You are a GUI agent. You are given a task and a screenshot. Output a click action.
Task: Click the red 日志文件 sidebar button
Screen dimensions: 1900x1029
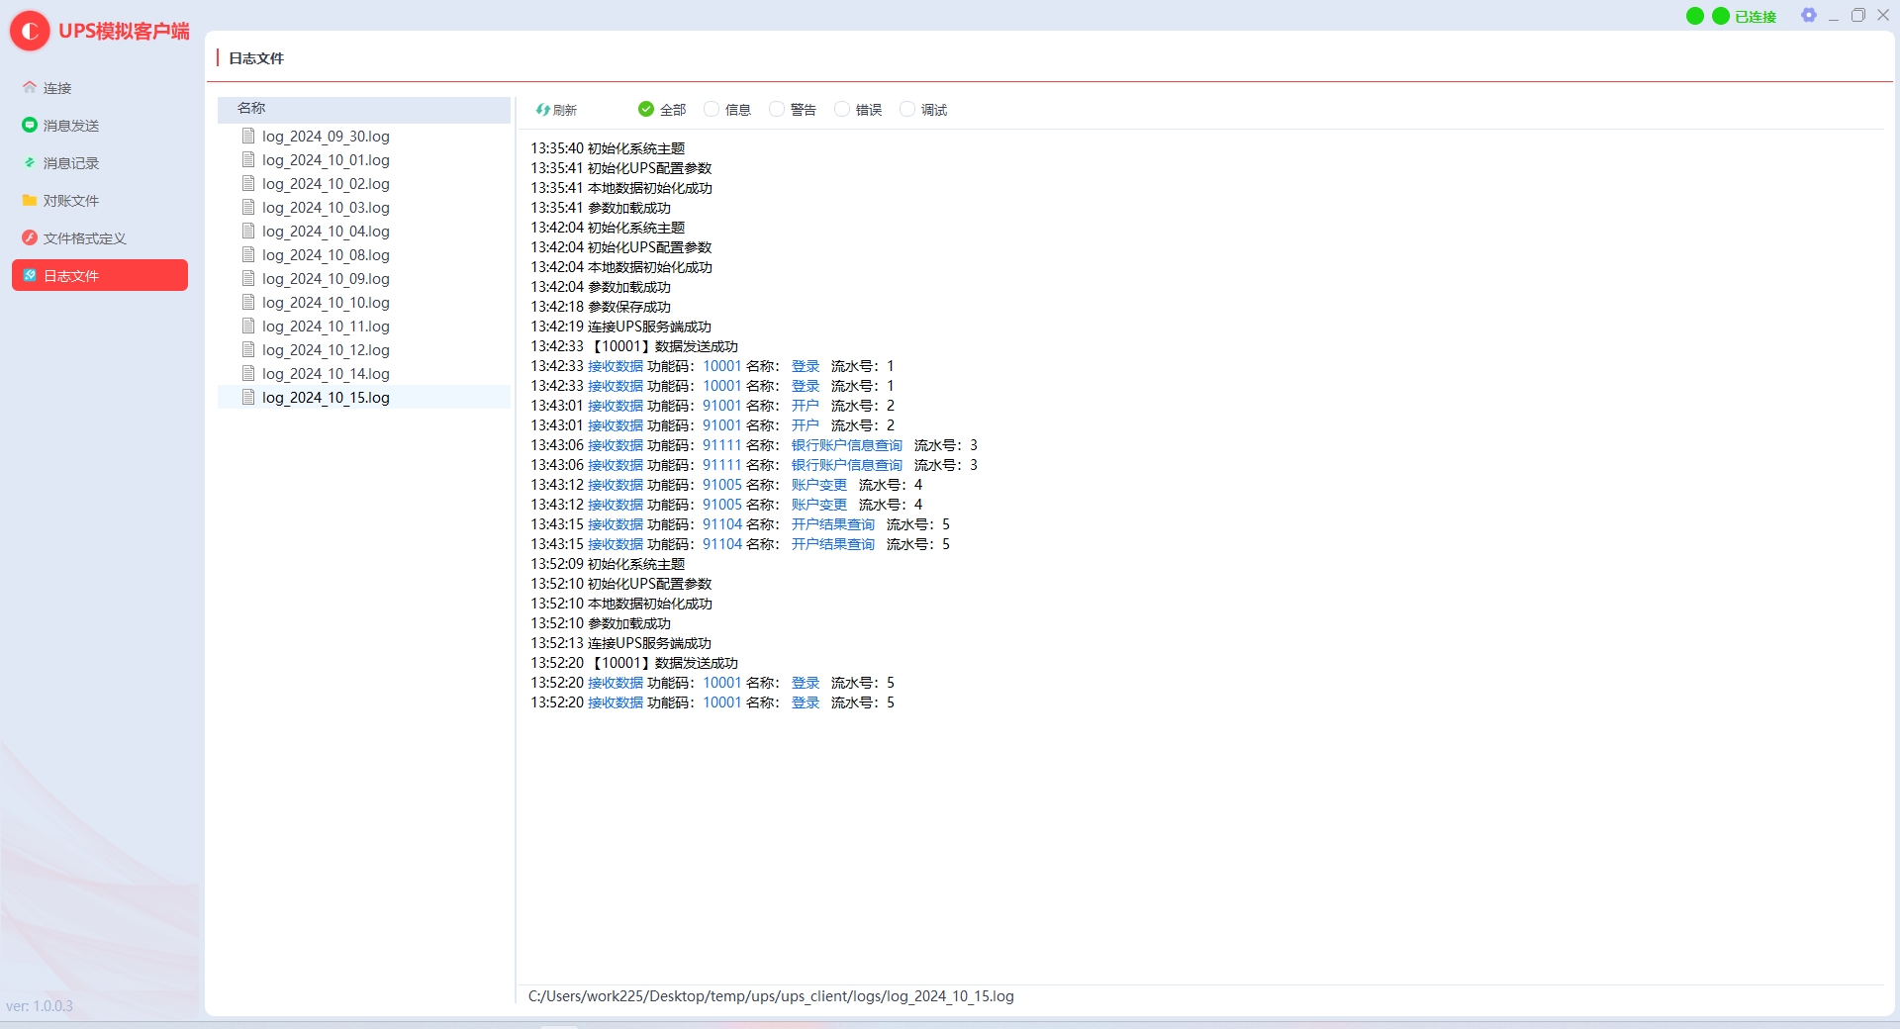(x=100, y=275)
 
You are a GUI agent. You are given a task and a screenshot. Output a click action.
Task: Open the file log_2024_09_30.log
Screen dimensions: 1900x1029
(x=326, y=137)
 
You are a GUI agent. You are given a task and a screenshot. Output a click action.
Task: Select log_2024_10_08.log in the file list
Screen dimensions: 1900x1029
(x=326, y=255)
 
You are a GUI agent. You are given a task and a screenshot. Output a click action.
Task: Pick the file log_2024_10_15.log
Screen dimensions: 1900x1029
(x=326, y=398)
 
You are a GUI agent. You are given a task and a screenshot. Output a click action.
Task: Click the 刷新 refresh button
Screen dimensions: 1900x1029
(x=556, y=110)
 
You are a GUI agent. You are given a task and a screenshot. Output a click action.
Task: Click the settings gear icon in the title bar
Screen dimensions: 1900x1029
(x=1809, y=15)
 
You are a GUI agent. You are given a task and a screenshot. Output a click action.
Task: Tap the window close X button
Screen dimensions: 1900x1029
(x=1883, y=15)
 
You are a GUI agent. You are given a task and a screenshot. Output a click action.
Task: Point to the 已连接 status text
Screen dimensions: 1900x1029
(x=1756, y=17)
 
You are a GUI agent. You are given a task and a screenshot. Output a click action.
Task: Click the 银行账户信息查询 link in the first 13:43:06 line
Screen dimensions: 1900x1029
(x=847, y=445)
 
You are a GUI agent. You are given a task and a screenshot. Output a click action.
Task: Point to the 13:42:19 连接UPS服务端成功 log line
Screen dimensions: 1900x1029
(x=620, y=327)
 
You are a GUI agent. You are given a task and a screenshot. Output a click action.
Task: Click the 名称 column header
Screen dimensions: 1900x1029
(x=251, y=108)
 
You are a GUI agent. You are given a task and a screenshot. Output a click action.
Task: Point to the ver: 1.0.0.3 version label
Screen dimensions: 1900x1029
(x=40, y=1006)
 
